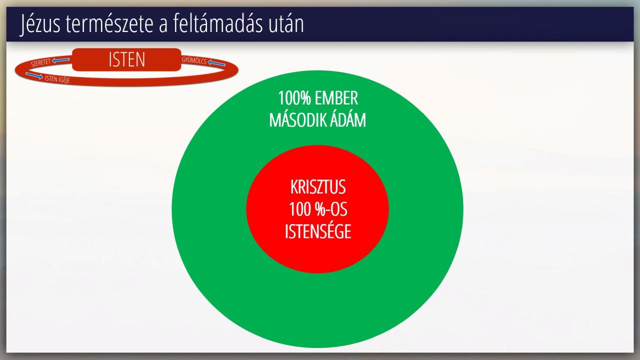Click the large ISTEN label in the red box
coord(127,59)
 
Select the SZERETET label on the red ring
coord(40,62)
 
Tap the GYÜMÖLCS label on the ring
coord(194,60)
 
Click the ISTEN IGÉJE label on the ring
coord(57,79)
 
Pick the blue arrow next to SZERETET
coord(61,60)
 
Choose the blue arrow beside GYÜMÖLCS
coord(216,62)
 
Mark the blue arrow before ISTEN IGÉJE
coord(34,75)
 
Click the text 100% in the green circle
coord(294,98)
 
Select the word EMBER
coord(336,98)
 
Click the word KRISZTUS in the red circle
coord(318,187)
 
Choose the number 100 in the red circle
coord(300,209)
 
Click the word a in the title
coord(163,25)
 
